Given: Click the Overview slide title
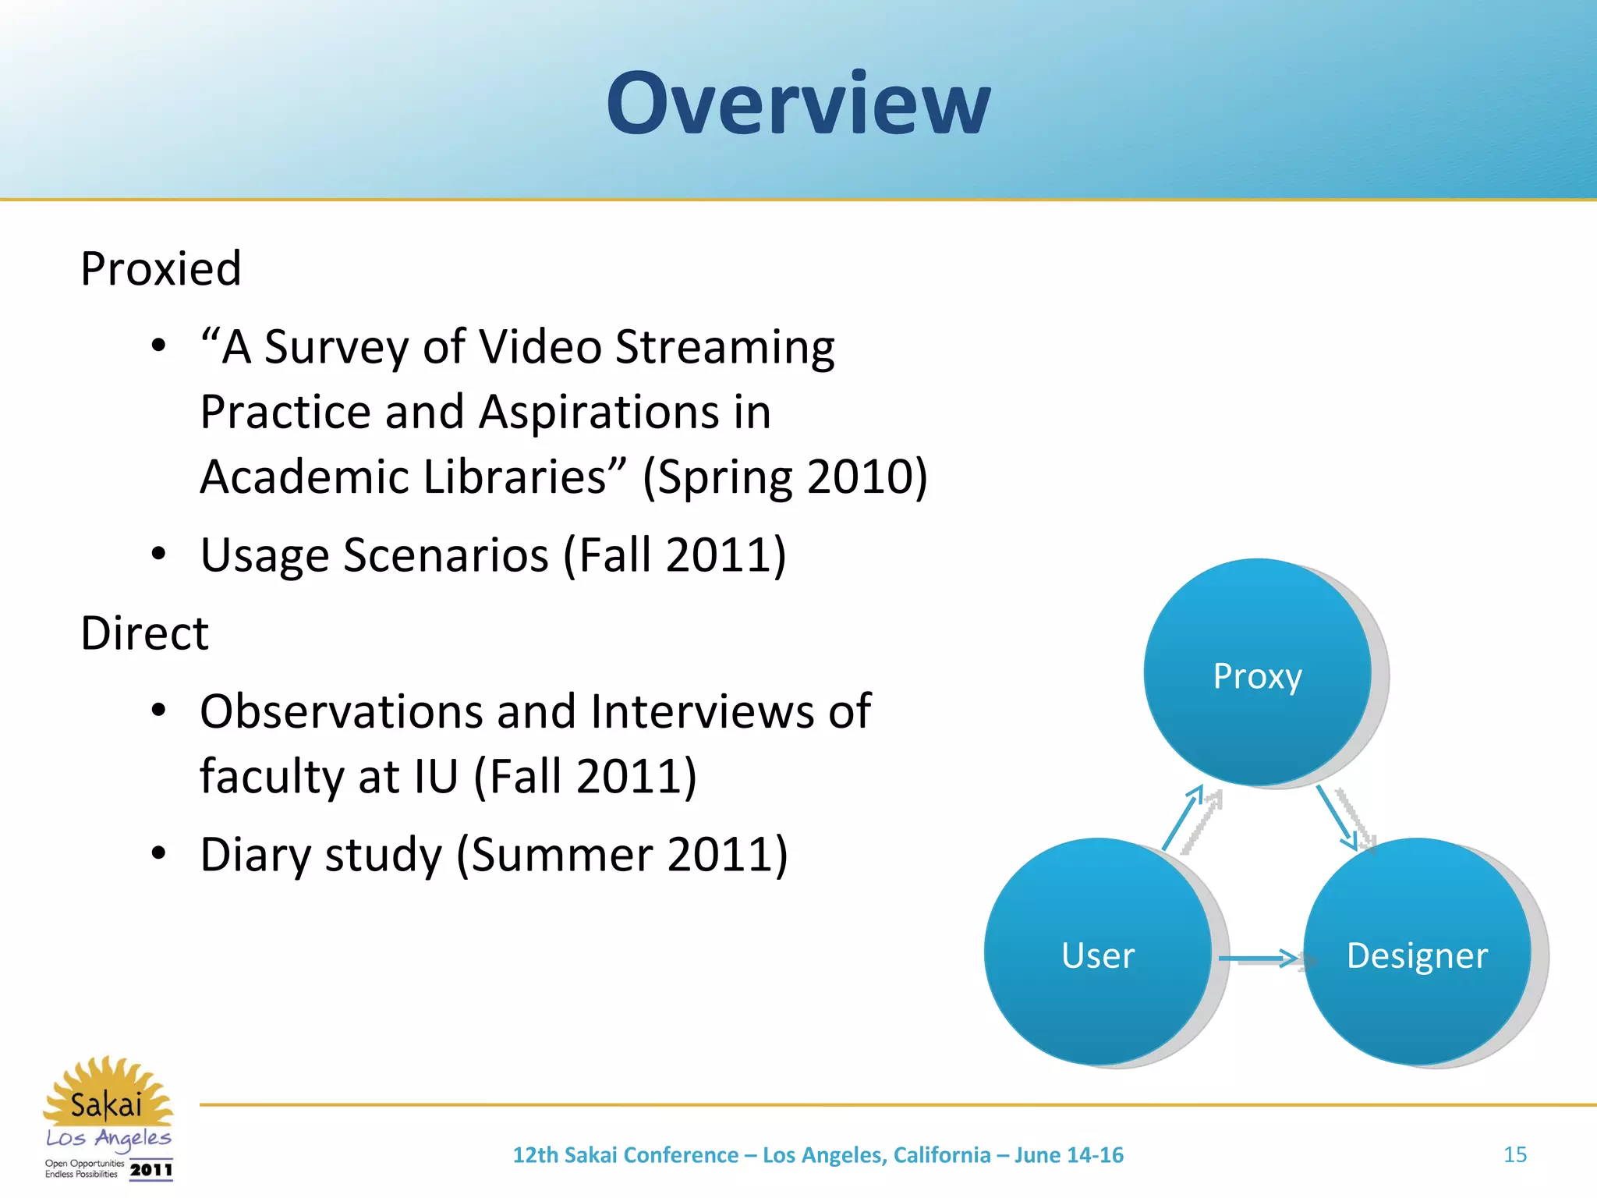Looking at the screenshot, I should [798, 103].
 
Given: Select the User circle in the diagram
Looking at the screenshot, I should [1097, 953].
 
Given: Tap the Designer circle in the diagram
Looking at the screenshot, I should [1417, 953].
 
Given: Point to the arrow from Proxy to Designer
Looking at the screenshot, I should [1337, 817].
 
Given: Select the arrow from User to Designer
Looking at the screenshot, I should [1257, 958].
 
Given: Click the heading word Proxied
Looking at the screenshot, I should [161, 269].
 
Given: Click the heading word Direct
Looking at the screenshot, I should [144, 633].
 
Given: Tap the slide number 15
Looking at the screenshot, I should [1514, 1154].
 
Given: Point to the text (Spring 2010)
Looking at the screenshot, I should [785, 477].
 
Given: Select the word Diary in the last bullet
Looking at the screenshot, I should [256, 855].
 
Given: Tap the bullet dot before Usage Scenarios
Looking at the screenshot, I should [159, 554].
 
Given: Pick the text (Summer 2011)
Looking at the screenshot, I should [622, 855].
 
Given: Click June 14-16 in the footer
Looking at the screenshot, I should [1068, 1154].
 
